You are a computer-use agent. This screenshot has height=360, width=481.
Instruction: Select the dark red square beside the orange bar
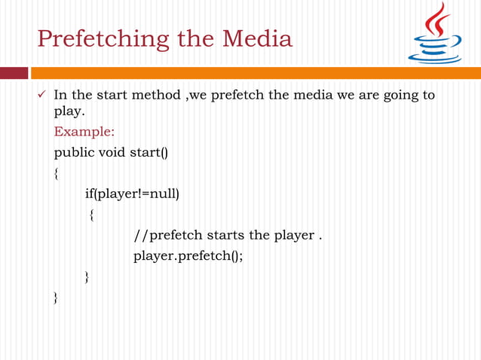(x=14, y=73)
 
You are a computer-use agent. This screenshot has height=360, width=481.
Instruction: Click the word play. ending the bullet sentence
(x=69, y=113)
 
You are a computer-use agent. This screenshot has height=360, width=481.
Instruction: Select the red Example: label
(x=84, y=132)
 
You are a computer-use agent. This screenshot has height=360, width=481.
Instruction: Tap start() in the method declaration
(x=149, y=154)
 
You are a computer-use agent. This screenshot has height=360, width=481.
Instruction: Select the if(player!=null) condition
(x=131, y=194)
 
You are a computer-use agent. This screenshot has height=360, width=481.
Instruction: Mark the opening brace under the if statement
(x=90, y=216)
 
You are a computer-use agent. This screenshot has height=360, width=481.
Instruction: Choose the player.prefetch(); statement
(x=188, y=256)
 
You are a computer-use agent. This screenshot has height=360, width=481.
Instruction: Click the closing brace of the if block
(x=87, y=277)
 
